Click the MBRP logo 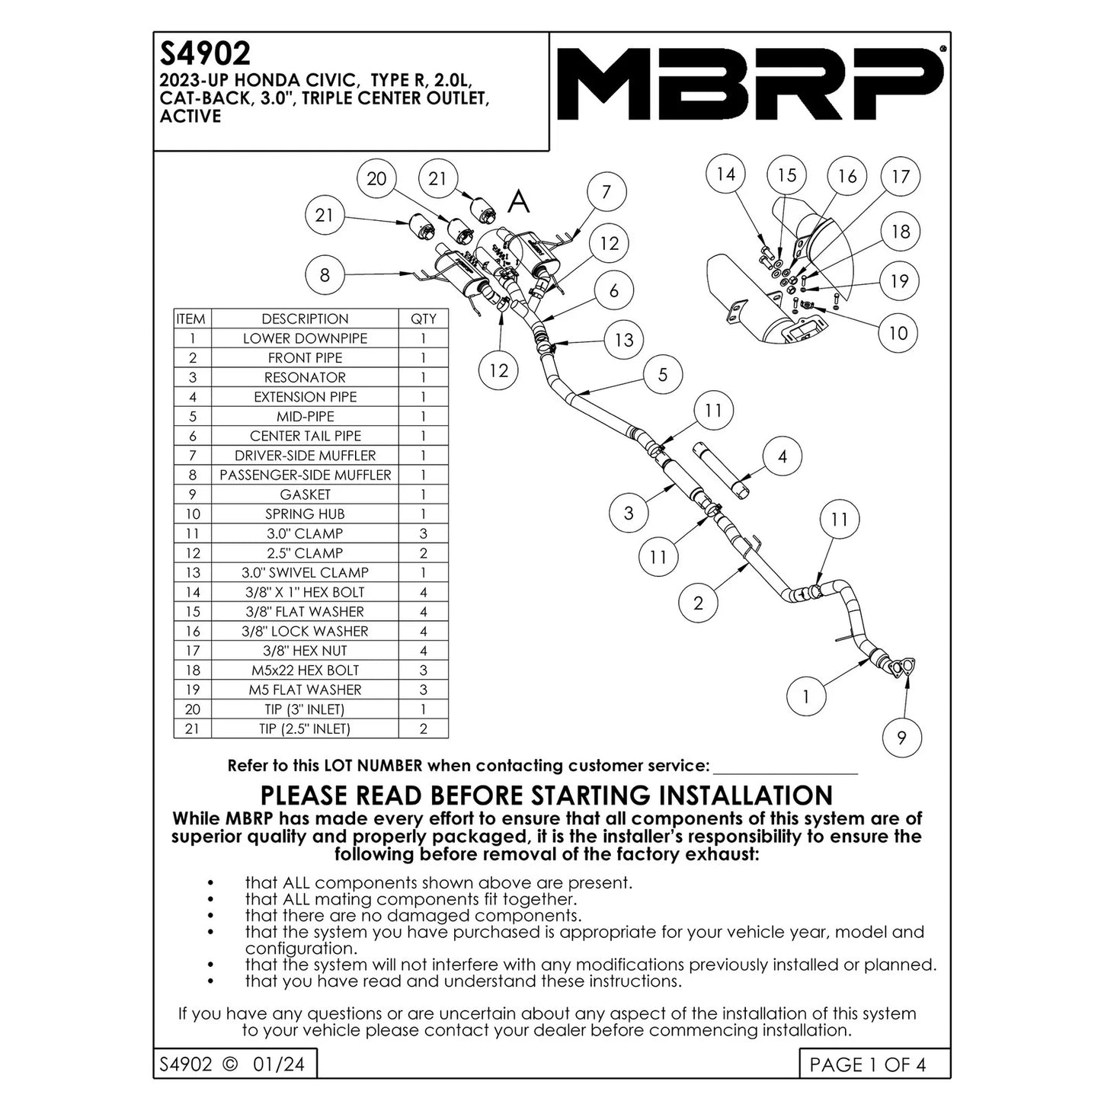coord(751,85)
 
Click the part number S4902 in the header coord(204,53)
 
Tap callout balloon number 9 coord(901,738)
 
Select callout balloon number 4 coord(782,457)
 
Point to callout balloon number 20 coord(377,179)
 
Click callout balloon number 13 coord(623,340)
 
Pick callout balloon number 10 coord(898,333)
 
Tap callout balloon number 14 coord(725,174)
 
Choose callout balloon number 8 coord(325,275)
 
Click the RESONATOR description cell coord(305,378)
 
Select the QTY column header coord(424,319)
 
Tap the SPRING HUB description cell coord(305,514)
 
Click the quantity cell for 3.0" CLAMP coord(424,533)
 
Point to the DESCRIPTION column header coord(305,319)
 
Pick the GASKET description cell coord(305,494)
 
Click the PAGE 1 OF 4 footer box coord(868,1064)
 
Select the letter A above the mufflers coord(519,202)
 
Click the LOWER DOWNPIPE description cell coord(305,338)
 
